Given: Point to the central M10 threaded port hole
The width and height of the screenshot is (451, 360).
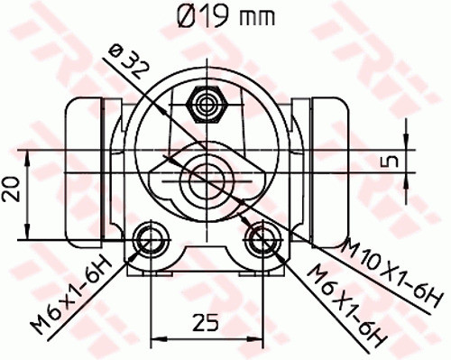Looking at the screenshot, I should click(x=207, y=169).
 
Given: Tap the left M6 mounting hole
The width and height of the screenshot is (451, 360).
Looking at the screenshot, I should click(x=149, y=240).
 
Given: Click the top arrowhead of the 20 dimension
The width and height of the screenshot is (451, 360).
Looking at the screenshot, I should click(x=32, y=160).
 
